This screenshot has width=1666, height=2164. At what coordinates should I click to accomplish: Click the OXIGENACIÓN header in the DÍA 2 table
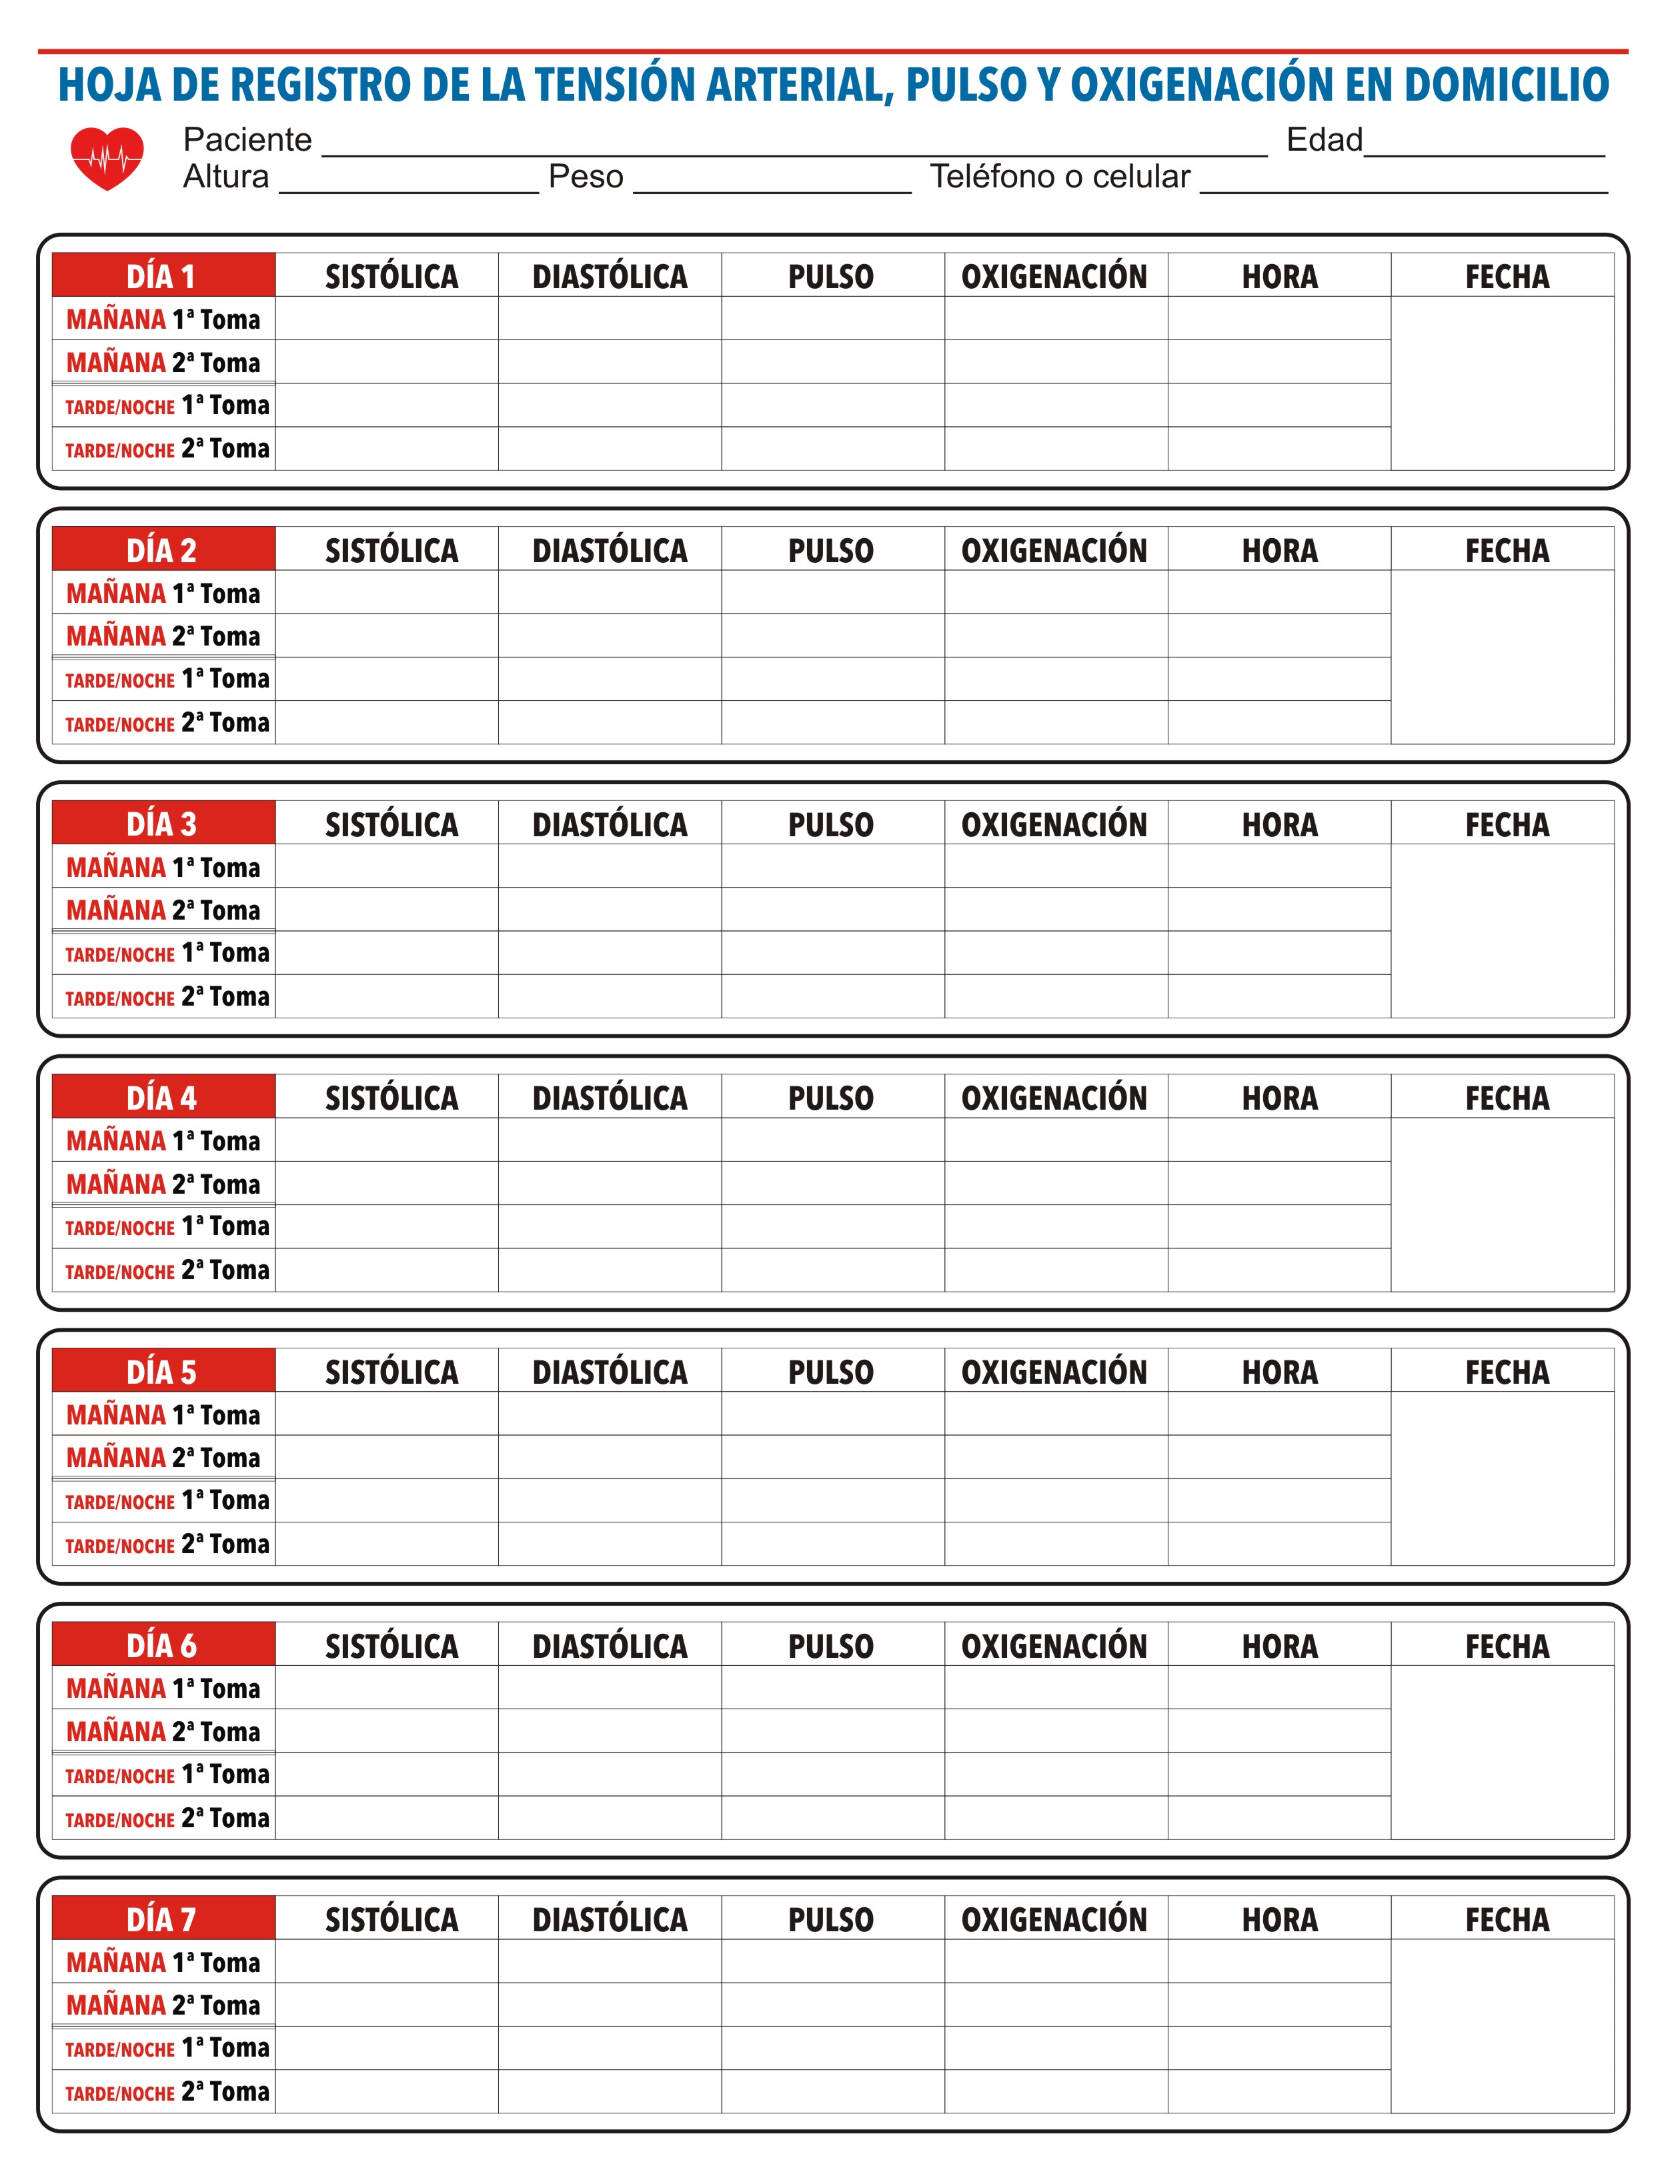point(1054,551)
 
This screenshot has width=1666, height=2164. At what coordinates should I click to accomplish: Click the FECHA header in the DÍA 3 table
point(1507,824)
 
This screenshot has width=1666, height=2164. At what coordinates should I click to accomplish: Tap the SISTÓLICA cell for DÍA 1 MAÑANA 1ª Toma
point(387,319)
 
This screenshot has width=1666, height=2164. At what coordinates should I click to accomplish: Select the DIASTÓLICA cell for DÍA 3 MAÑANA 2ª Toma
point(610,910)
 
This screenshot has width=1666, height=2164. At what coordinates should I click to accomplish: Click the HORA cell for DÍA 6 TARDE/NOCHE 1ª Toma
point(1279,1775)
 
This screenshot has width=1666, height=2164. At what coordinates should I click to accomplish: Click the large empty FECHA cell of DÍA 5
point(1501,1478)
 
